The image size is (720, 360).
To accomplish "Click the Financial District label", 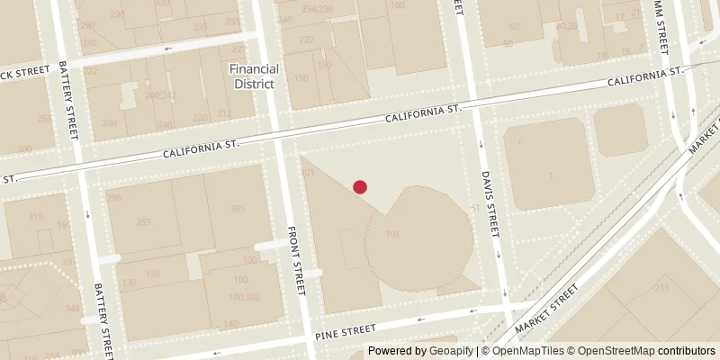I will [x=255, y=76].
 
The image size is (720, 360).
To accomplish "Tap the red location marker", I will [x=360, y=187].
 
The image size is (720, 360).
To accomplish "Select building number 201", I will [x=238, y=210].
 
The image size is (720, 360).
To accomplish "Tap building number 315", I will [x=35, y=217].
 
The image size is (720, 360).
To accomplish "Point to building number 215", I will [x=662, y=288].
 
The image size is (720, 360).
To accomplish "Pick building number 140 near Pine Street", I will [x=230, y=324].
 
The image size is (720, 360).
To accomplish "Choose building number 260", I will [x=110, y=124].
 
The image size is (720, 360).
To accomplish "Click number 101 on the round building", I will [x=392, y=236].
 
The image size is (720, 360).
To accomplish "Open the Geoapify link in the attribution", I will [x=453, y=351].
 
